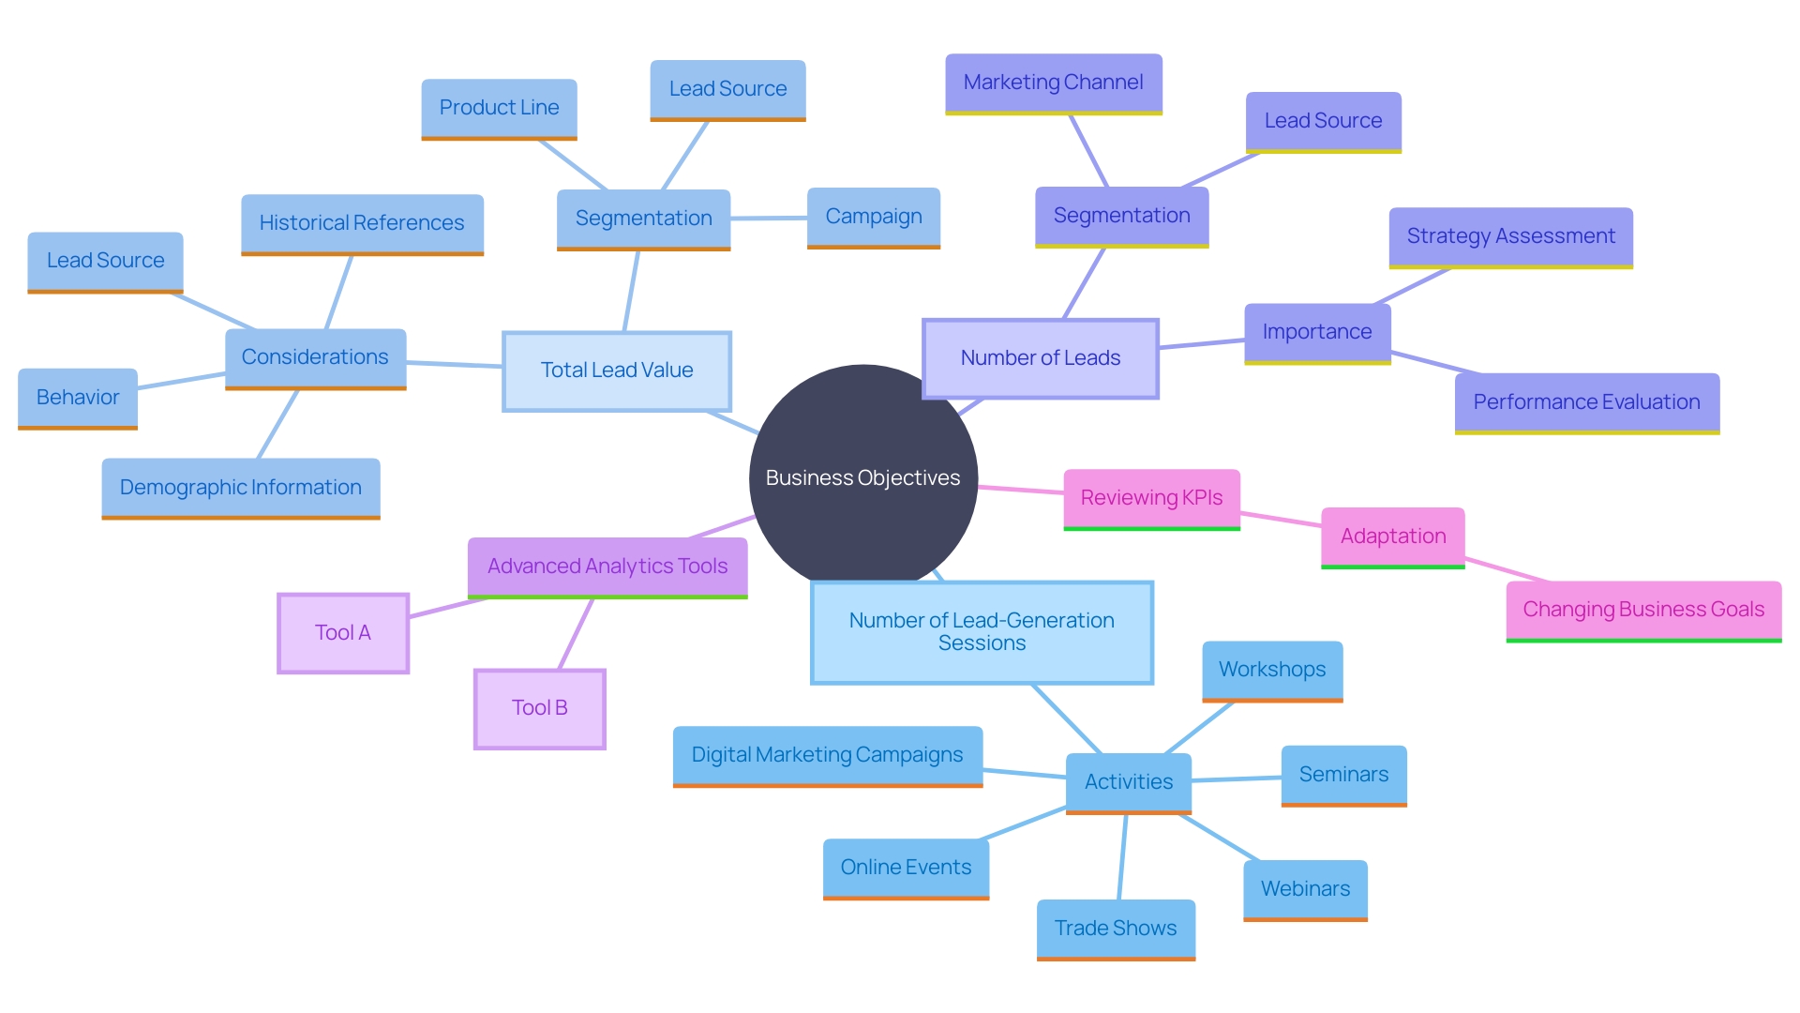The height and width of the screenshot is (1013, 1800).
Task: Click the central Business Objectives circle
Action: (862, 478)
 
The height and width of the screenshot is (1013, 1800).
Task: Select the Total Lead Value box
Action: (616, 370)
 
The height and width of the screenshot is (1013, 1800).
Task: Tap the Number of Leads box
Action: (1040, 358)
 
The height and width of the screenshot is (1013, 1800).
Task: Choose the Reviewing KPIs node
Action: (1151, 498)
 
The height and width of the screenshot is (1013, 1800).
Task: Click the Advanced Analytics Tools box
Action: (607, 567)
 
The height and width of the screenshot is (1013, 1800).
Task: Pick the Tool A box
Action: (343, 633)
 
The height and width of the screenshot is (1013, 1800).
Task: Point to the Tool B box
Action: (539, 708)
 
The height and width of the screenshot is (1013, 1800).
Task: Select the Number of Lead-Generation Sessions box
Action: (982, 632)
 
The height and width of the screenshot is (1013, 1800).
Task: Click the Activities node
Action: (1128, 782)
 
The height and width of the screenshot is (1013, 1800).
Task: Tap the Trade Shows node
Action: (1116, 929)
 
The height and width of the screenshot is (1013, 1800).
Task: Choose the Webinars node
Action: (1305, 889)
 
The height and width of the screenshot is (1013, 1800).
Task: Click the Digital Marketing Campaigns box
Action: (827, 755)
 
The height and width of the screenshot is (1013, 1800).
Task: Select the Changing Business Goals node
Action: (1643, 610)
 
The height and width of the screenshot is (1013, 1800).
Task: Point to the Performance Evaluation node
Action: (1586, 402)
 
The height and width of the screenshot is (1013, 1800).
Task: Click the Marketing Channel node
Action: (1053, 83)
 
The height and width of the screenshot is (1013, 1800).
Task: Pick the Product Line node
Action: (499, 108)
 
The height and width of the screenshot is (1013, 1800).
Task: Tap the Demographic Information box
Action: (240, 488)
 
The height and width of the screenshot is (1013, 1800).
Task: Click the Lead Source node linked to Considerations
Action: (105, 261)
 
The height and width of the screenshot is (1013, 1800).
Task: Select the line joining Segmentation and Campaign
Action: (769, 219)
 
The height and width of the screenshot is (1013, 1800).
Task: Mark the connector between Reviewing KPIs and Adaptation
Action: (1281, 519)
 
